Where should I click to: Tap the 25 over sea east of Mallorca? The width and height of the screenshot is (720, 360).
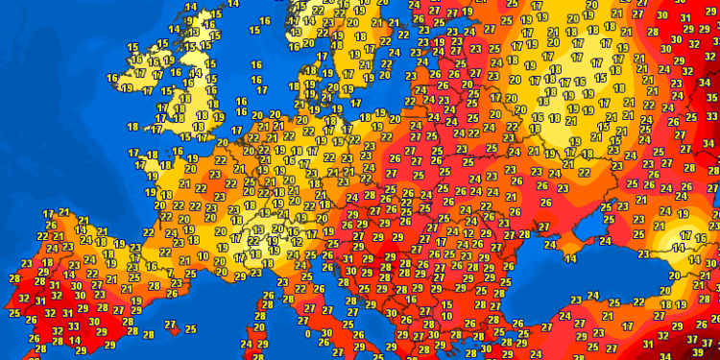coord(191,328)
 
